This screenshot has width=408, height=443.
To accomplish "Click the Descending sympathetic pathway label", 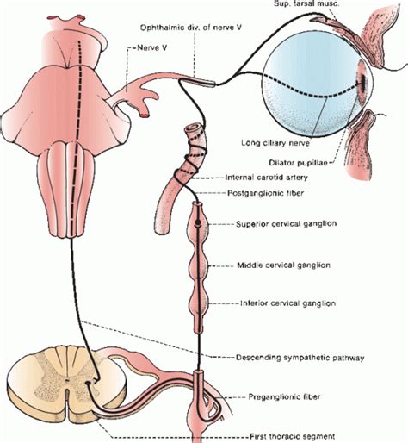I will tap(292, 356).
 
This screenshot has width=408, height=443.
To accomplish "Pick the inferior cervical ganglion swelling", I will tap(200, 304).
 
